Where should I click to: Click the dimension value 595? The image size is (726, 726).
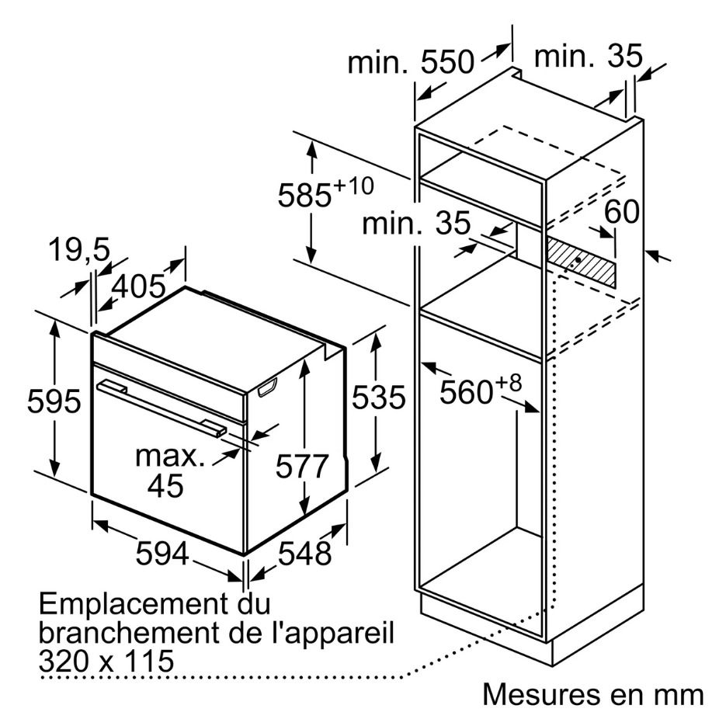click(x=54, y=401)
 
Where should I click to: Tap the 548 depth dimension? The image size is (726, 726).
click(x=304, y=553)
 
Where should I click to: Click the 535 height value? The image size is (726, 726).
click(x=379, y=398)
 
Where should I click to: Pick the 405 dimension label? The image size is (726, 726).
click(x=138, y=286)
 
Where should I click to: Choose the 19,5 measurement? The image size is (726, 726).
click(x=79, y=250)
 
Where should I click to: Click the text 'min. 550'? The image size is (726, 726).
click(x=412, y=62)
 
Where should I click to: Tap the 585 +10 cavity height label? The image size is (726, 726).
click(x=325, y=192)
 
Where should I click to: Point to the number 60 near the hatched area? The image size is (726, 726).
click(x=621, y=212)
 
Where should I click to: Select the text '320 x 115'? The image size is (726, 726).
click(x=106, y=661)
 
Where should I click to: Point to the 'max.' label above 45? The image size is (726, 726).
click(x=170, y=456)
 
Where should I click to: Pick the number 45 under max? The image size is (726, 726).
click(x=165, y=485)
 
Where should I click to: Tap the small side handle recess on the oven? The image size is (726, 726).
click(x=267, y=387)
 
